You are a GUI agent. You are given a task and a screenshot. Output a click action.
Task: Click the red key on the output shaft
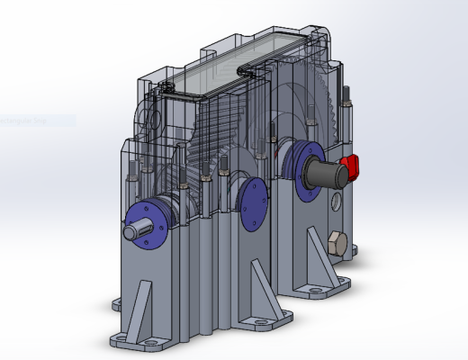tap(351, 166)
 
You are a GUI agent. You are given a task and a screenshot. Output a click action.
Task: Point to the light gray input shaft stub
tap(133, 232)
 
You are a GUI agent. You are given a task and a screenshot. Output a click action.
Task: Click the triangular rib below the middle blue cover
tap(257, 282)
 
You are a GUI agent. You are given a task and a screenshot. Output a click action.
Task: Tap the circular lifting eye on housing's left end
tap(149, 117)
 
